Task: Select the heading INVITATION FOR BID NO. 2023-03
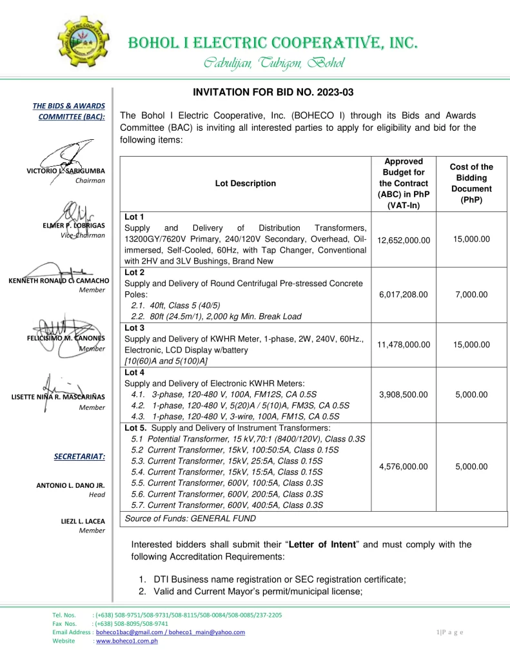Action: click(264, 93)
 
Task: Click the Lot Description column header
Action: click(245, 183)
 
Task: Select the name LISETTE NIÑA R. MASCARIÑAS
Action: click(59, 396)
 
